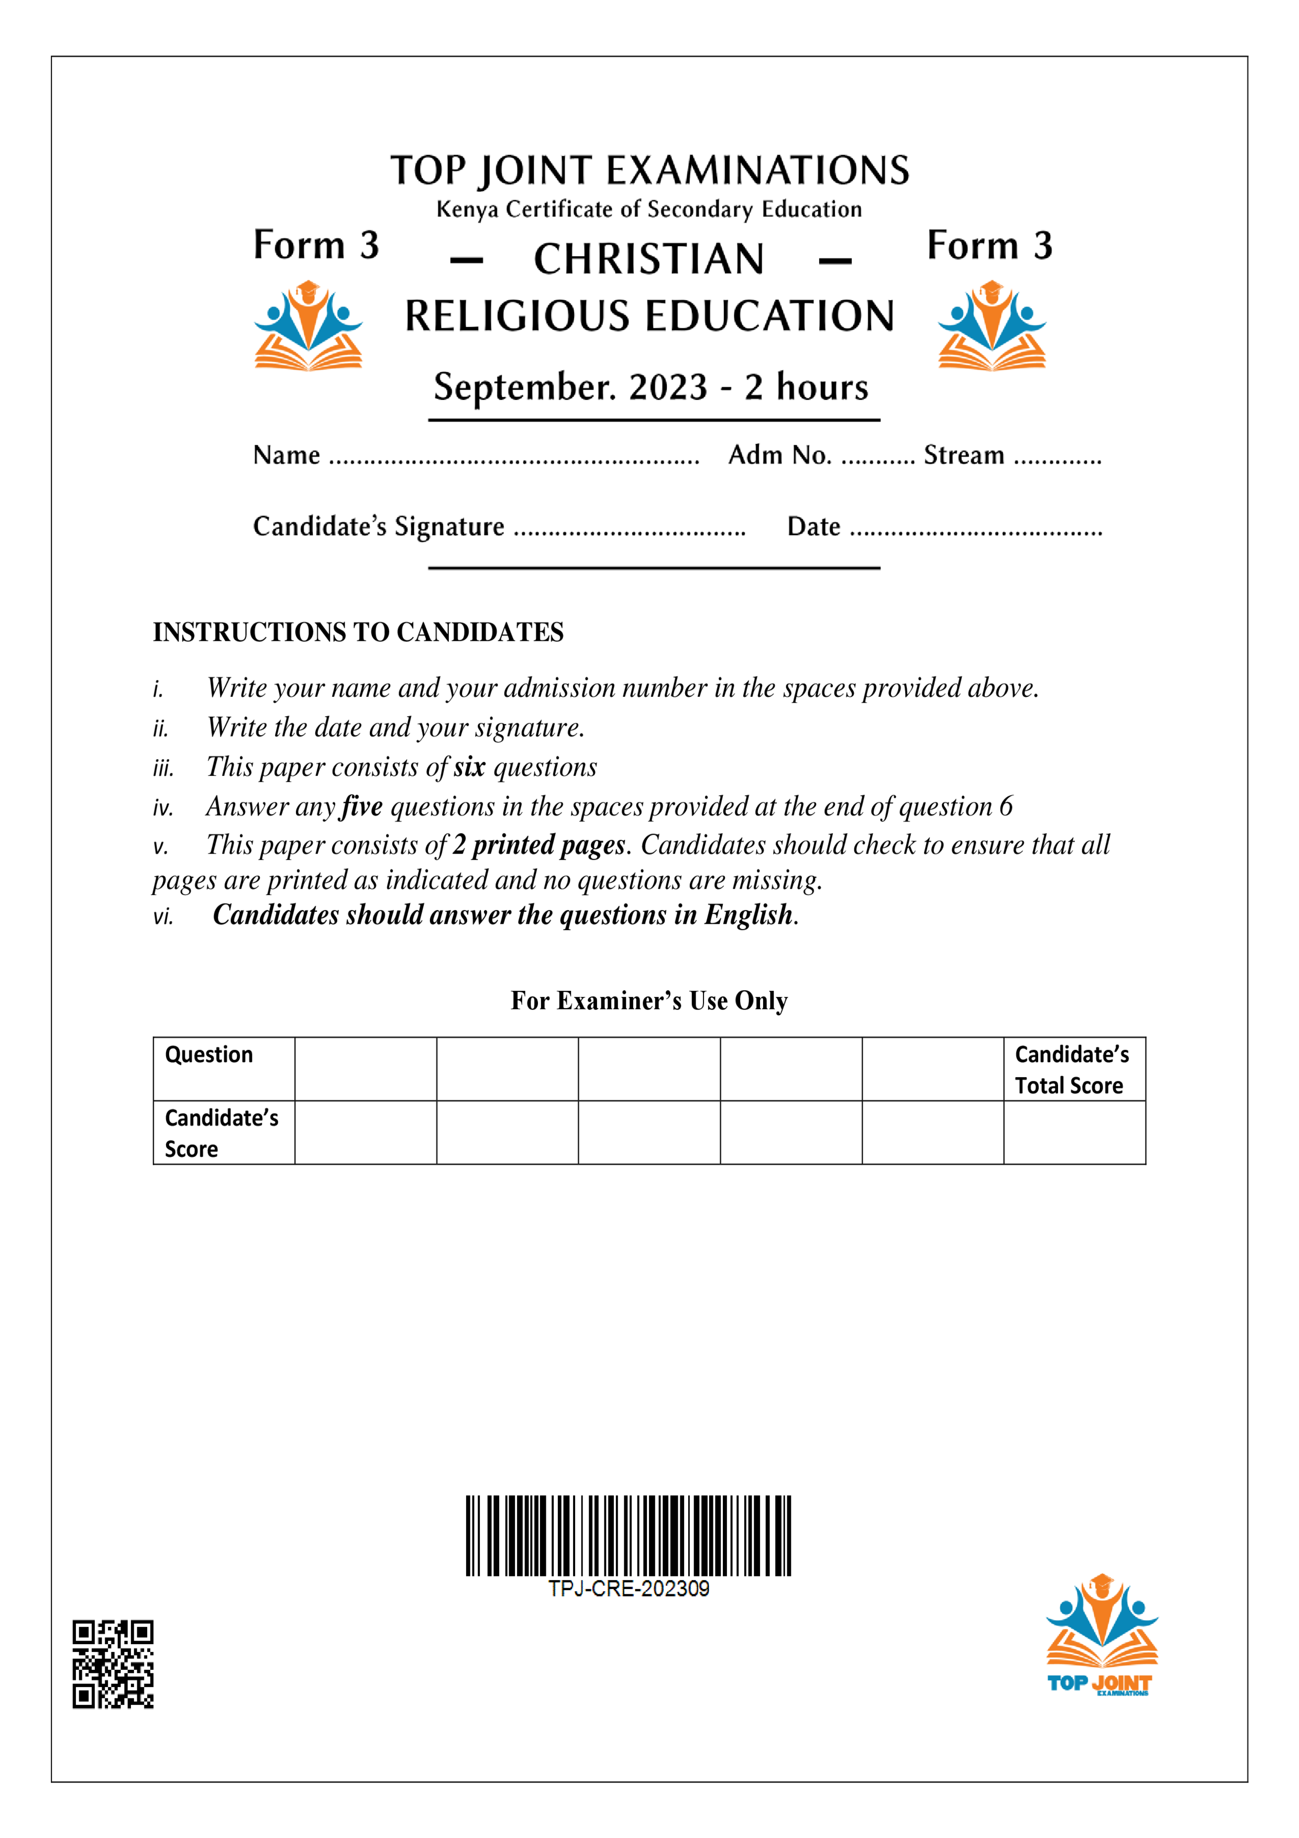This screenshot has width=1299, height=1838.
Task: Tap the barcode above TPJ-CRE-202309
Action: (x=629, y=1535)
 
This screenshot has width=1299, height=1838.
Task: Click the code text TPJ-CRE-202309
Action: (x=629, y=1589)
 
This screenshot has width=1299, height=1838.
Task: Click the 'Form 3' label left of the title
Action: (x=316, y=245)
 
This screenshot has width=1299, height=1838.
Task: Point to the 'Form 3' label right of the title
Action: (x=989, y=245)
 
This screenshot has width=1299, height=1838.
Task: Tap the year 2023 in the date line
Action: (x=668, y=387)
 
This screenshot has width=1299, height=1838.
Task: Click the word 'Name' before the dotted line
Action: (x=287, y=455)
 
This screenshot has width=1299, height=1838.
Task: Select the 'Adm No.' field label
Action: (x=779, y=455)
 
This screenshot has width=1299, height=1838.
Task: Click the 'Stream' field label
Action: (x=964, y=455)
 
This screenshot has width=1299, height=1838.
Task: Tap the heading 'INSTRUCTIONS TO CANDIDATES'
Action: (x=358, y=632)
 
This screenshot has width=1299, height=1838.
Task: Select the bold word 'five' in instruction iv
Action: (x=362, y=806)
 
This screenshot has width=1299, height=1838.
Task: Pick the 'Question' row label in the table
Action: (x=209, y=1055)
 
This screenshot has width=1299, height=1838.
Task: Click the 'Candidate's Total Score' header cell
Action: (x=1073, y=1069)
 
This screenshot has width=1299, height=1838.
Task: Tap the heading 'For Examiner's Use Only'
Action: (x=649, y=1001)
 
